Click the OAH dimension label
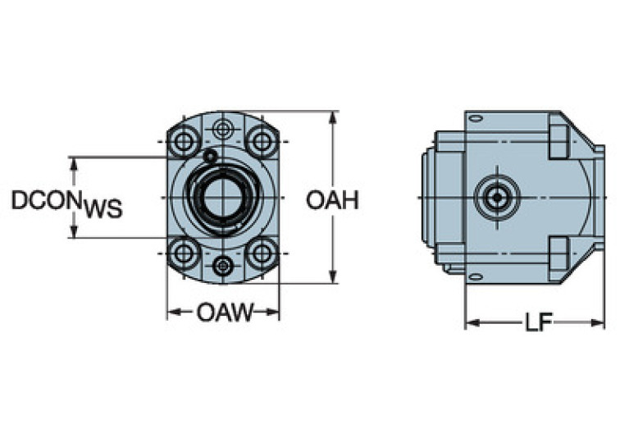click(x=332, y=200)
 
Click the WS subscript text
click(x=102, y=210)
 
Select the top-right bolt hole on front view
click(x=262, y=142)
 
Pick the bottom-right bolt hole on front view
click(x=262, y=253)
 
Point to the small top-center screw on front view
click(x=223, y=130)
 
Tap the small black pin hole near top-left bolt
click(x=211, y=156)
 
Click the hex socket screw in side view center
click(x=496, y=198)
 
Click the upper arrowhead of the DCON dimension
click(x=75, y=162)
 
